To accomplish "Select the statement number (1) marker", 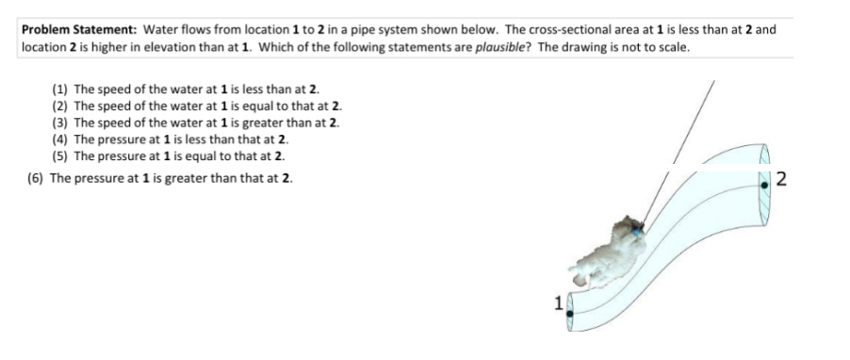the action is [x=60, y=89].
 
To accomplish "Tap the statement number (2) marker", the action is [x=60, y=106].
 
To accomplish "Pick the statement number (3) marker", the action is [x=60, y=123].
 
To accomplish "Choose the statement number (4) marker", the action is [x=60, y=139].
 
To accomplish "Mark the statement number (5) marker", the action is [x=60, y=156].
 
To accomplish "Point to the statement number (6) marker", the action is [x=37, y=178].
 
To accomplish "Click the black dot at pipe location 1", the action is [x=570, y=314].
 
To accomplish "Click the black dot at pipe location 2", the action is [x=764, y=186].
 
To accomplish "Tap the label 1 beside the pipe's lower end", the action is [x=559, y=303].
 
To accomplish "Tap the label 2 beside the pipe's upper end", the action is [x=781, y=179].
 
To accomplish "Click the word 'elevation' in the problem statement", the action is [x=167, y=47].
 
